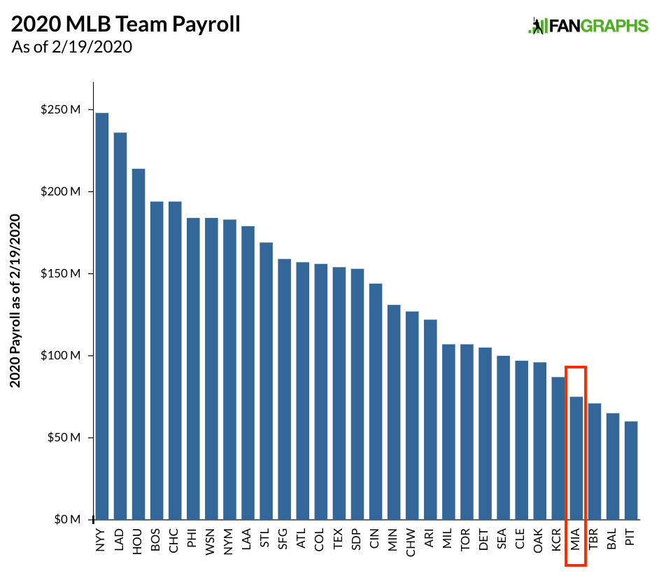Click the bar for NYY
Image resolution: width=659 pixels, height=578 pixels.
click(102, 315)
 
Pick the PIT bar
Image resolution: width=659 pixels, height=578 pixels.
click(631, 470)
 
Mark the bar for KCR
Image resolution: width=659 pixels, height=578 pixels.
click(558, 448)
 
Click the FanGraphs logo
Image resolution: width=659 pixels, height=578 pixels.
click(588, 27)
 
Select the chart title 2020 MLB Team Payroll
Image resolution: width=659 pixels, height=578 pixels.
click(126, 25)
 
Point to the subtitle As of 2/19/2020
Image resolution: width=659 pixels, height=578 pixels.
click(72, 48)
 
